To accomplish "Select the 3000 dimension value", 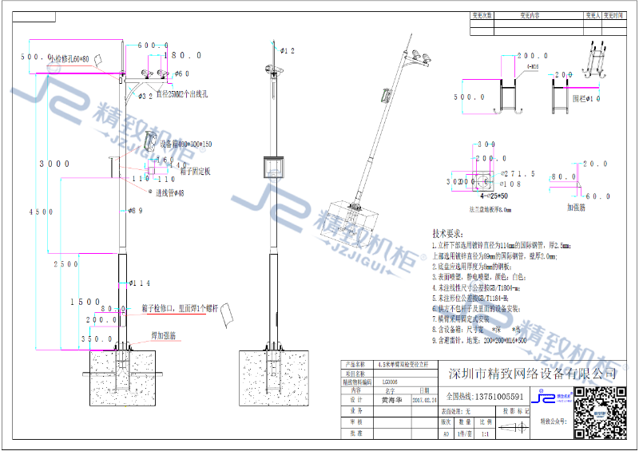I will pyautogui.click(x=55, y=164).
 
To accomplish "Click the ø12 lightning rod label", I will pyautogui.click(x=288, y=50).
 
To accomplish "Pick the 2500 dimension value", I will pyautogui.click(x=66, y=263).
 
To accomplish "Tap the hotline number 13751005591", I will pyautogui.click(x=486, y=397).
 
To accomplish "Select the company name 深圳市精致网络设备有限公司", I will pyautogui.click(x=534, y=374).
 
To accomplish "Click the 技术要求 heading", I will pyautogui.click(x=448, y=234).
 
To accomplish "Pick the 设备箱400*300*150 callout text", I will pyautogui.click(x=186, y=144).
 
